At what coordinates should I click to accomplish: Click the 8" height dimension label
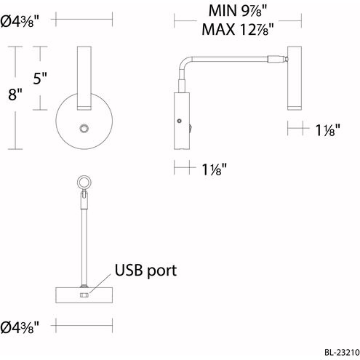(x=15, y=94)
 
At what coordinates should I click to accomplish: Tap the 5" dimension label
(x=40, y=78)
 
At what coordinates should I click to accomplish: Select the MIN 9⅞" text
(x=238, y=11)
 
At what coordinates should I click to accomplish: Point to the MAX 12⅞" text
(x=238, y=29)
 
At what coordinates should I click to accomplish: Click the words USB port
(x=145, y=271)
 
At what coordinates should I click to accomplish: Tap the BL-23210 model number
(x=342, y=352)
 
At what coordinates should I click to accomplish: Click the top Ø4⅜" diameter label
(x=20, y=22)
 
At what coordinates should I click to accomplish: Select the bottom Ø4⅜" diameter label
(x=20, y=327)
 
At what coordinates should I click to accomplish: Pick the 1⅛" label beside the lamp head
(x=328, y=130)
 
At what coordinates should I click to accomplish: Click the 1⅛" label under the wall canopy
(x=215, y=169)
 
